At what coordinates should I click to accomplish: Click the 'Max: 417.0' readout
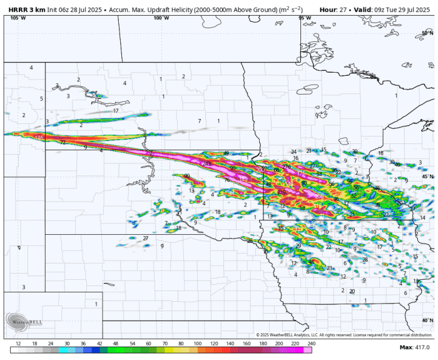(414, 347)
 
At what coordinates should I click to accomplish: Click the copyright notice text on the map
(344, 336)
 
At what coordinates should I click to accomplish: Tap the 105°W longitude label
(18, 18)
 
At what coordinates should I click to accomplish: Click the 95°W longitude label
(305, 18)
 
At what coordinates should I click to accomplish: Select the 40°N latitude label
(427, 320)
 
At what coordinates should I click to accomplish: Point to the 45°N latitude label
(427, 177)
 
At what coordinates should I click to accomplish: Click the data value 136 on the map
(39, 138)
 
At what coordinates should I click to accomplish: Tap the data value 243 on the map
(206, 164)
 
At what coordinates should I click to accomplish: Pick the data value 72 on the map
(63, 143)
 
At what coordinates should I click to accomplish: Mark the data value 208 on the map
(319, 197)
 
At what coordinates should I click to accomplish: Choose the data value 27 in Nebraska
(145, 239)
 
